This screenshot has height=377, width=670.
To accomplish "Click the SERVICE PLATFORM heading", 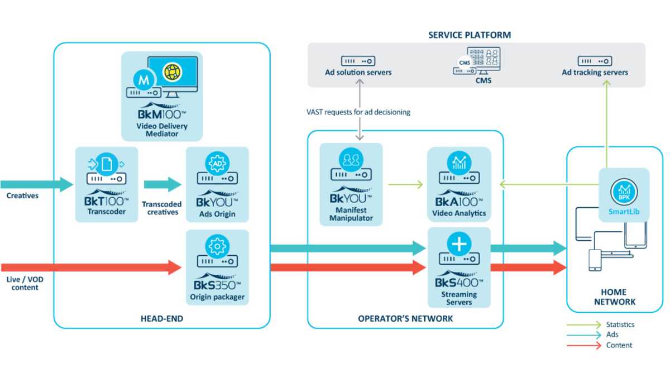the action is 470,35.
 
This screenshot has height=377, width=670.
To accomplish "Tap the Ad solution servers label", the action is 358,73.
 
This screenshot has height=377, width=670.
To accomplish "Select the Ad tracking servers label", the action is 595,73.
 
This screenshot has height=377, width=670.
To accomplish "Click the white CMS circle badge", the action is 465,63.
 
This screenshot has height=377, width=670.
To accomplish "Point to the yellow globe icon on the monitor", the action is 173,72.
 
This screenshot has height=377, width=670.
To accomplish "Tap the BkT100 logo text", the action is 107,202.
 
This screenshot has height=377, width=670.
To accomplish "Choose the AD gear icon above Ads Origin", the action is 217,163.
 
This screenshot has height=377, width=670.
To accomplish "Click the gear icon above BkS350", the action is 217,246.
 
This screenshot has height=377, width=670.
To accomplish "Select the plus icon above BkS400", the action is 459,244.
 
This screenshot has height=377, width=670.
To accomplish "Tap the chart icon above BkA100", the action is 459,163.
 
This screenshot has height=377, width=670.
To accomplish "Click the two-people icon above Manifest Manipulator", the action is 351,160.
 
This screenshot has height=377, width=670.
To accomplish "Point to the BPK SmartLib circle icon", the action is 624,192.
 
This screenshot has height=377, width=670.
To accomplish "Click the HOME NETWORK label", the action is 614,297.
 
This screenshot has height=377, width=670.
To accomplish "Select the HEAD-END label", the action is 162,319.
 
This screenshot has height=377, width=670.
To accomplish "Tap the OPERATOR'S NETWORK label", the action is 405,319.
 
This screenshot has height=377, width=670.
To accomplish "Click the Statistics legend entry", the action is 620,324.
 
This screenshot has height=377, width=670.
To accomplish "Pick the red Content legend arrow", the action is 584,346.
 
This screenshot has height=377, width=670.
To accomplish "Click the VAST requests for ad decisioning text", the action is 358,112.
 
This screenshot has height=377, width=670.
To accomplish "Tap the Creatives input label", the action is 22,195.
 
